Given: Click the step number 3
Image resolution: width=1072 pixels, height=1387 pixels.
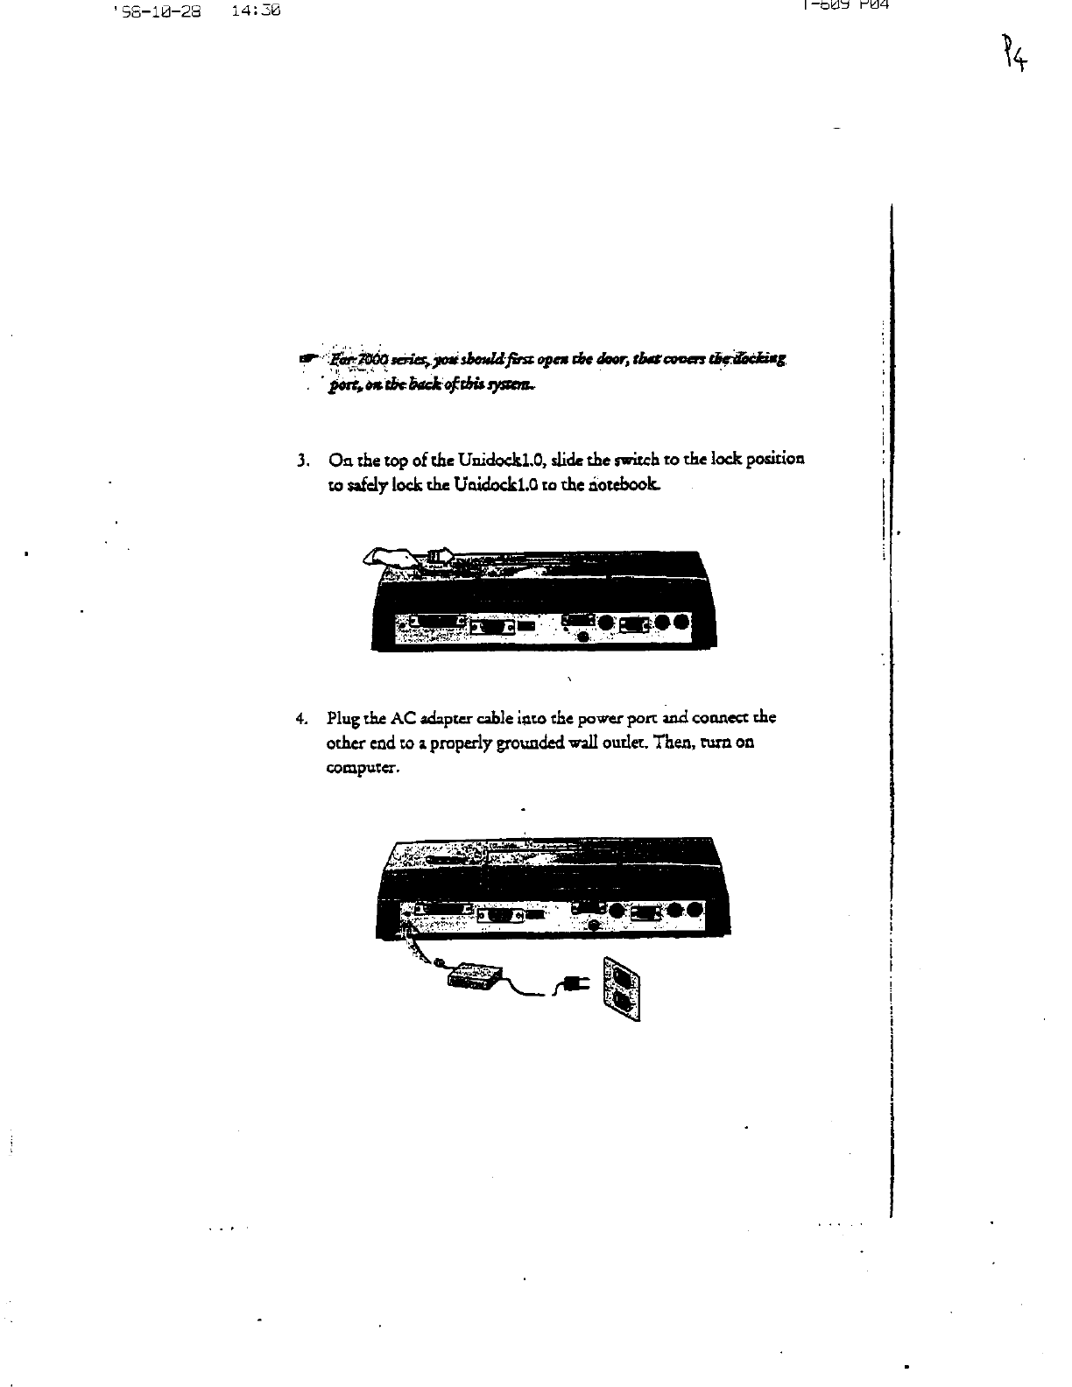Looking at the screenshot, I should coord(302,460).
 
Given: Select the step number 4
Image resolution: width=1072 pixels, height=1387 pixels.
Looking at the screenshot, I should coord(302,719).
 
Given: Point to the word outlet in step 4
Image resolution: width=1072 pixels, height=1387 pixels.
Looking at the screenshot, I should coord(620,743).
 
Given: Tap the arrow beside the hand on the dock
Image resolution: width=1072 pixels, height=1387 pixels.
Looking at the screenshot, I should coord(441,554).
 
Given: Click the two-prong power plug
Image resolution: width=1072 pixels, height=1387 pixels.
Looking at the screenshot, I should coord(574,986).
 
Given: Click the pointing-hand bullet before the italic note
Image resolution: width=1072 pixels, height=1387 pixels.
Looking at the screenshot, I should coord(307,358).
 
